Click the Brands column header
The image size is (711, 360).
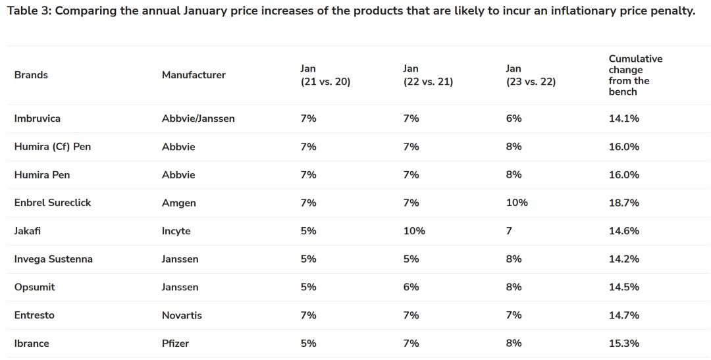coord(31,75)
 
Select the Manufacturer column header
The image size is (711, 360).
coord(194,75)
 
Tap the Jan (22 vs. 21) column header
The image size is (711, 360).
coord(428,75)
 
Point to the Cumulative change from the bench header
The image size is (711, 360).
coord(635,75)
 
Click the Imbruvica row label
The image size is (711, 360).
coord(37,118)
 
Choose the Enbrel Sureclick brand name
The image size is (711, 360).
coord(53,203)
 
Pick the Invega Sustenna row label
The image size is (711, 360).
coord(53,259)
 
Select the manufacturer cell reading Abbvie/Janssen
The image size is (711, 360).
coord(198,118)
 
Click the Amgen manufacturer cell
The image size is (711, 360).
coord(179,203)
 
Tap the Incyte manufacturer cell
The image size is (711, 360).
coord(176,231)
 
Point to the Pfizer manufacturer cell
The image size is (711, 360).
coord(175,344)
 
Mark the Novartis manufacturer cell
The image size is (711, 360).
coord(182,315)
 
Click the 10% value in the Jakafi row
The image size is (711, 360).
coord(414,231)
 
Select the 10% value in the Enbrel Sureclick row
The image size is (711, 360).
coord(517,203)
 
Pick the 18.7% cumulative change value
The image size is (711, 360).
coord(624,203)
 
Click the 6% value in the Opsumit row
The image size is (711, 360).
coord(411,287)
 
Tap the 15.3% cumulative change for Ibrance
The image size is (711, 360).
coord(624,344)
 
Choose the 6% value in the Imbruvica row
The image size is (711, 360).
coord(513,118)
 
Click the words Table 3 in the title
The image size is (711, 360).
coord(28,12)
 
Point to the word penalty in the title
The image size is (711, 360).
coord(671,12)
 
